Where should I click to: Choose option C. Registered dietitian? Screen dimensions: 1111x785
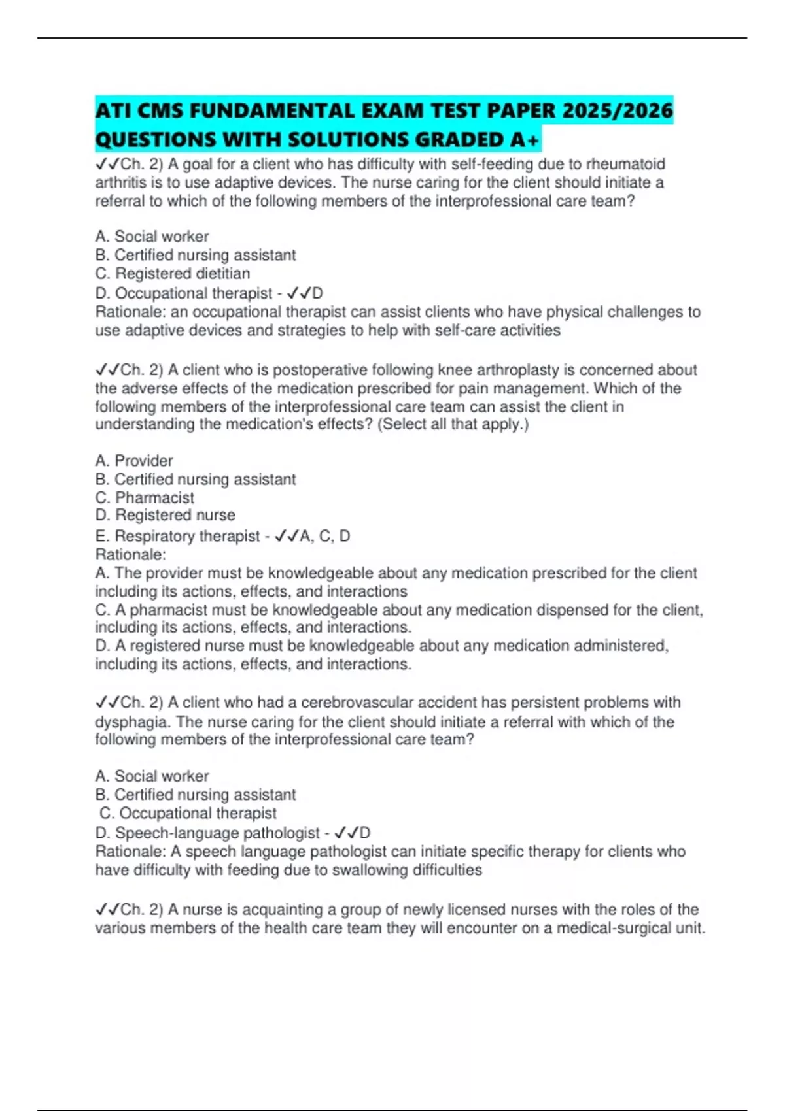[x=173, y=273]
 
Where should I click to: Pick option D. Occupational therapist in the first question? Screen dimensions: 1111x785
[x=184, y=293]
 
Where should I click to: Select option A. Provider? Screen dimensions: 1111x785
[x=134, y=461]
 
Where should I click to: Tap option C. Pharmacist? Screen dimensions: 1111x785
[x=145, y=497]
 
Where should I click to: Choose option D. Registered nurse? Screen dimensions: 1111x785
[x=166, y=515]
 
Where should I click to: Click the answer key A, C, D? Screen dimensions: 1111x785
[x=325, y=536]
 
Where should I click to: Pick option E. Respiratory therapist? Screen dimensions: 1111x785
[x=177, y=536]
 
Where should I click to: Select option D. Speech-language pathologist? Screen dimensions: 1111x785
[x=208, y=833]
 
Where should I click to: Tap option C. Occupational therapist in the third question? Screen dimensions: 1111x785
[x=188, y=813]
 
